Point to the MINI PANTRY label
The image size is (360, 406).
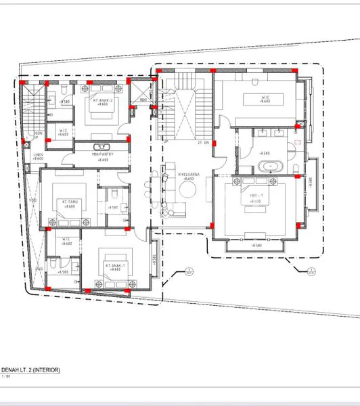pos(101,154)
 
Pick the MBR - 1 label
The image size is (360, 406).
pos(256,197)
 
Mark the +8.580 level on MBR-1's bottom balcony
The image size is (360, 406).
pos(256,245)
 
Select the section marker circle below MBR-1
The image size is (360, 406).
pos(312,272)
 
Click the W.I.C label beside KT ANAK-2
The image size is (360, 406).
pos(62,131)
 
